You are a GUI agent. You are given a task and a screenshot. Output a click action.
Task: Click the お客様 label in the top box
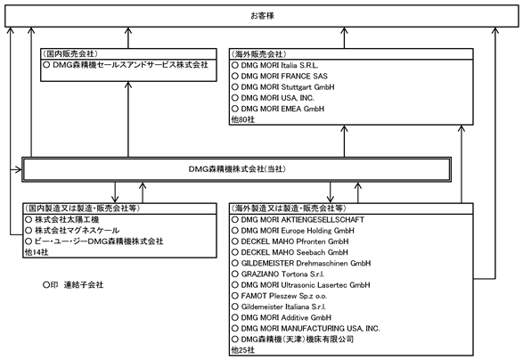pos(262,16)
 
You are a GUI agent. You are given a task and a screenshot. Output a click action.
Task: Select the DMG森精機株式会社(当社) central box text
pos(237,169)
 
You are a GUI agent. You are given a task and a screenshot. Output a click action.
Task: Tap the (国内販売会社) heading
pos(70,53)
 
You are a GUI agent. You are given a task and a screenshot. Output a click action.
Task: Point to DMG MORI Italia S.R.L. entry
pos(280,65)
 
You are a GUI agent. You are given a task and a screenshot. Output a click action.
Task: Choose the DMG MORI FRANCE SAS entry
pos(284,76)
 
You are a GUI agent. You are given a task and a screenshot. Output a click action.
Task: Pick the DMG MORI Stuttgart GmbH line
pos(288,87)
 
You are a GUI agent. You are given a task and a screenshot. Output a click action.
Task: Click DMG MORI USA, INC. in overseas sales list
pos(277,98)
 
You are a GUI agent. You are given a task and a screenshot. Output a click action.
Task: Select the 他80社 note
pos(243,119)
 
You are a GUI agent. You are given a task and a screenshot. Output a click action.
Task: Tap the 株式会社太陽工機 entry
pos(67,219)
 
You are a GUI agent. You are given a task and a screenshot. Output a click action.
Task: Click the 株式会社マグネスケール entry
pos(77,231)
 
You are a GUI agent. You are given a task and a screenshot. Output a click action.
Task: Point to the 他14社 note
pos(37,252)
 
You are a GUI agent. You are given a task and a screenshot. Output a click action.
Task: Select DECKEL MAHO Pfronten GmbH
pos(295,241)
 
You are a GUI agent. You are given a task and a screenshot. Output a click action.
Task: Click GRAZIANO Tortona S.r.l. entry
pos(282,274)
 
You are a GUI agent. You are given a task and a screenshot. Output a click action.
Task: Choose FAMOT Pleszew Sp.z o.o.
pos(284,296)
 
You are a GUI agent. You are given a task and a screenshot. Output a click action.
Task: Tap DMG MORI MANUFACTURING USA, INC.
pos(310,328)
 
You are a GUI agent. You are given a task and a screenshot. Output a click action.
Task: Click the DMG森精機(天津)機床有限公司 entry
pos(298,340)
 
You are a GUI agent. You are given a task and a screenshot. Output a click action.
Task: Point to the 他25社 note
pos(243,350)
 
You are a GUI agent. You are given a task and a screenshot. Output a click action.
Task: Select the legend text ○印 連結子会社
pos(73,285)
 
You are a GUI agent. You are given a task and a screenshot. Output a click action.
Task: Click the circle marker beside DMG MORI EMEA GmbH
pos(235,109)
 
